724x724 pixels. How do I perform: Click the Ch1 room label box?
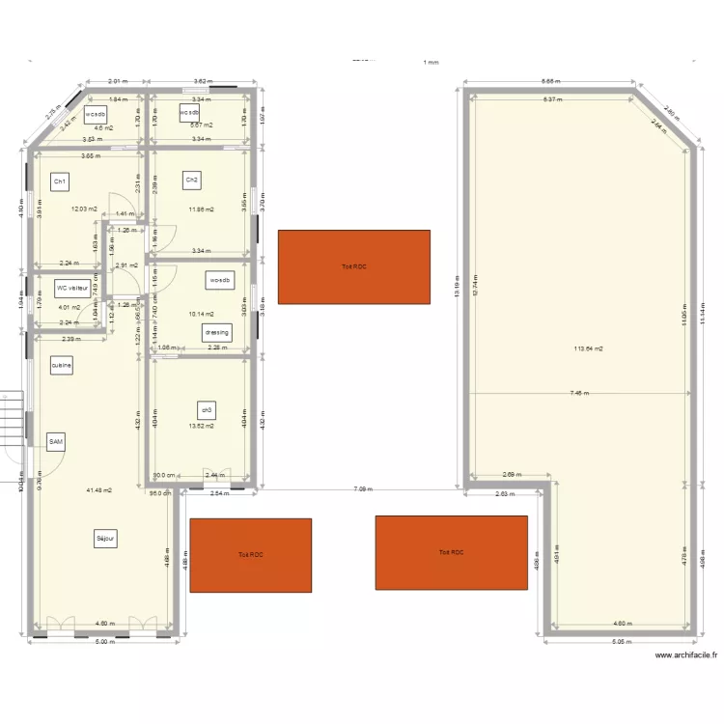coord(60,181)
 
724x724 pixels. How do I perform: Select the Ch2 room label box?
coord(192,180)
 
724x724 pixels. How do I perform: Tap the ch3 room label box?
coord(206,408)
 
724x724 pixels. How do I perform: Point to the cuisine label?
coord(62,366)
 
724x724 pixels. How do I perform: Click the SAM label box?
coord(56,441)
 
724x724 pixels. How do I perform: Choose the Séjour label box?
coord(105,539)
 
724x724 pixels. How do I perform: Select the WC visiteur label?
coord(72,287)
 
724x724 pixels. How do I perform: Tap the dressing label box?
coord(217,332)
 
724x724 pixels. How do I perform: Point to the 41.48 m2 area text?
coord(99,490)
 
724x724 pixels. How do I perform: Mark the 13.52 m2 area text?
coord(202,425)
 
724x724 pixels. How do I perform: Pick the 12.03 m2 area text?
coord(85,209)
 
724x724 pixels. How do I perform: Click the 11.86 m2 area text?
coord(202,209)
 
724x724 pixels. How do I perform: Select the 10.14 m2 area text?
coord(202,313)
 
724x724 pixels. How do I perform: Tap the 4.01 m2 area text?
coord(70,308)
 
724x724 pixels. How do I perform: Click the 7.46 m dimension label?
coord(578,393)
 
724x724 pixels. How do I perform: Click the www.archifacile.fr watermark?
coord(686,655)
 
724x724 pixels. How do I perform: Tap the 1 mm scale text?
coord(431,63)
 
